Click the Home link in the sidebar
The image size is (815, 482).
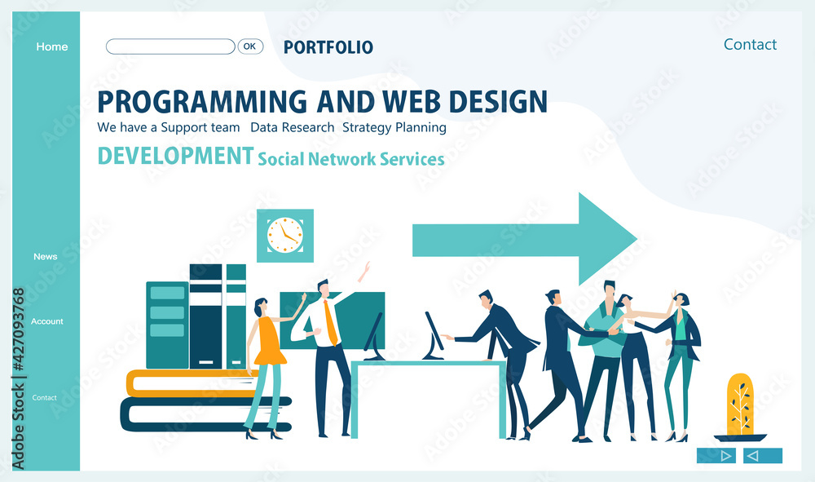point(52,46)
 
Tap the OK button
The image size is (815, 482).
point(250,46)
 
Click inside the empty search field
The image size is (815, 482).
point(170,46)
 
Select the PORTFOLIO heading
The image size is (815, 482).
point(328,47)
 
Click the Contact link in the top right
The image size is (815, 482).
point(750,45)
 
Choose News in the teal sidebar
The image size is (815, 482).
point(45,256)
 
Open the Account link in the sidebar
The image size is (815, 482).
point(46,321)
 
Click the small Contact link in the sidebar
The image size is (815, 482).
point(44,398)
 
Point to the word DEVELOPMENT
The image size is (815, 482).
point(175,156)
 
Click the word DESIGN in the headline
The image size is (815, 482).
point(498,101)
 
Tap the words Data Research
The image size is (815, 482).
point(292,127)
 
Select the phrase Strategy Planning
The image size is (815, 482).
point(394,128)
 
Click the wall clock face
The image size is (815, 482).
point(284,236)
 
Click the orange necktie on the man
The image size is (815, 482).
point(330,323)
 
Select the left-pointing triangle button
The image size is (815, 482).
point(763,455)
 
